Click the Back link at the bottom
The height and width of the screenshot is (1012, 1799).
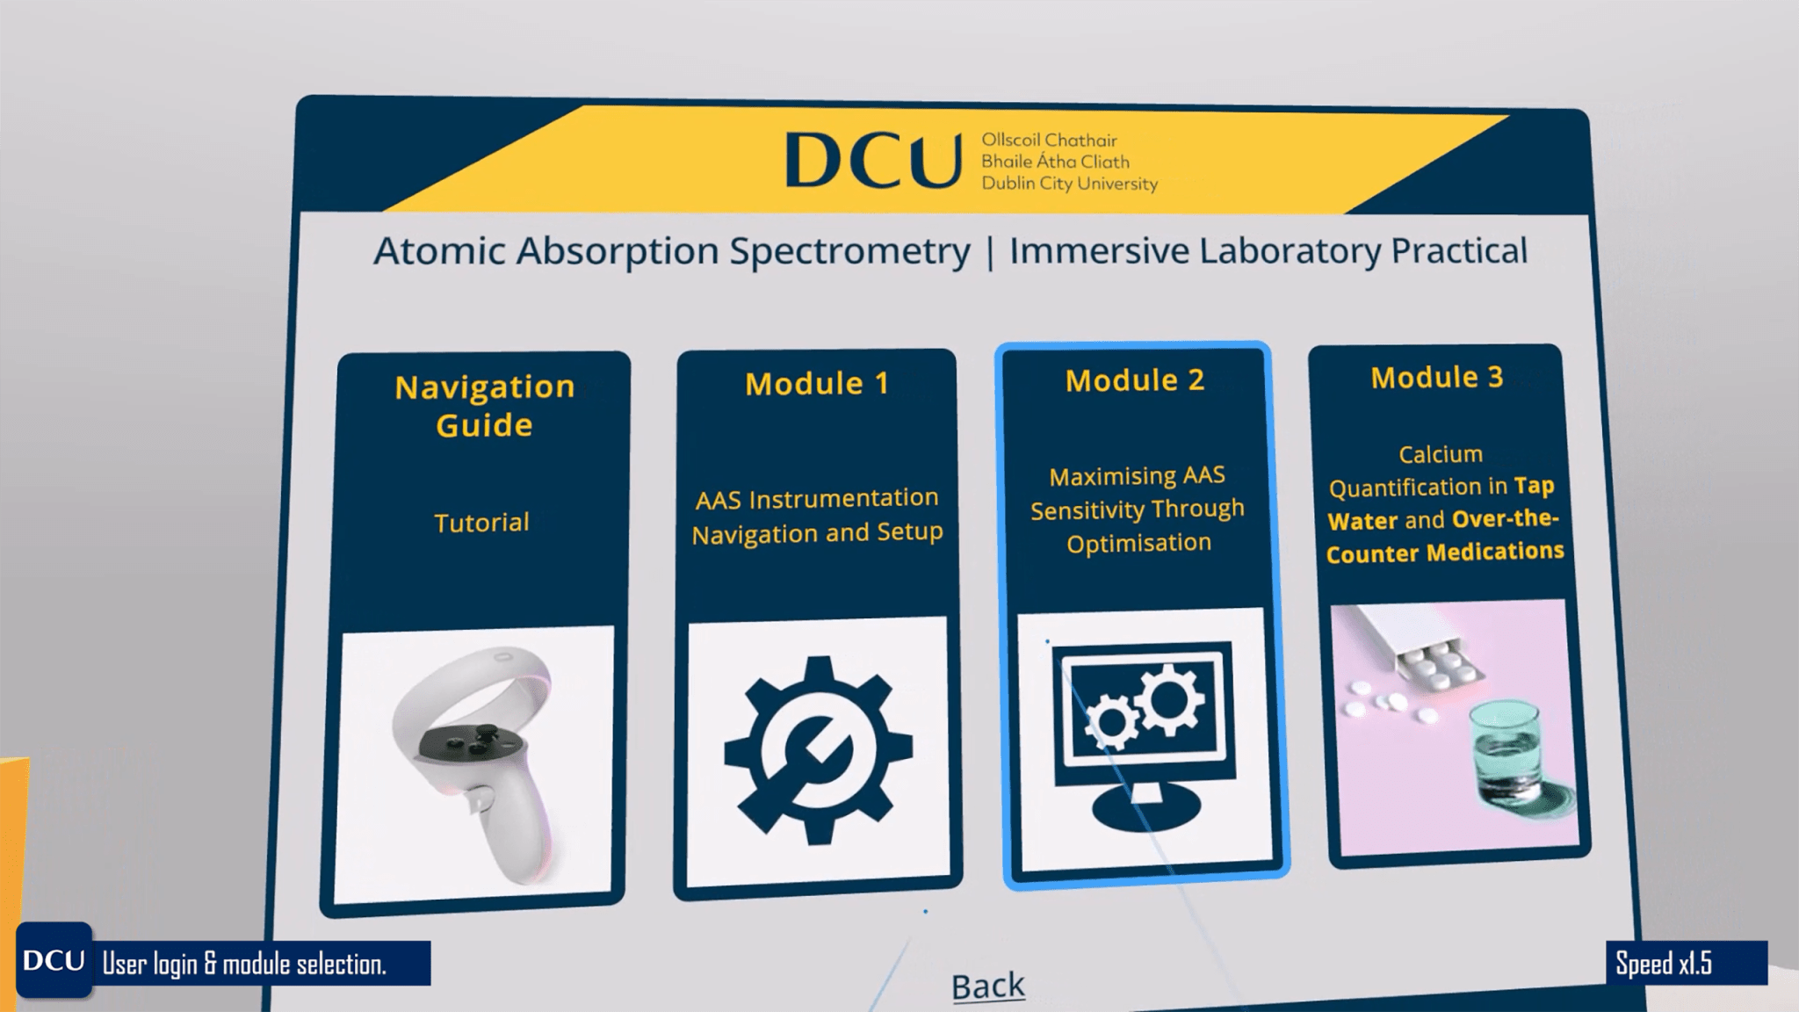coord(988,986)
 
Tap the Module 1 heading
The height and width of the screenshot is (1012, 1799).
coord(817,384)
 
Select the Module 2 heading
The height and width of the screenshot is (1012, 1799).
coord(1135,380)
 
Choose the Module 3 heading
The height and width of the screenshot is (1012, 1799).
coord(1437,378)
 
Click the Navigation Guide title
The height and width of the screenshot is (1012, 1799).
coord(484,406)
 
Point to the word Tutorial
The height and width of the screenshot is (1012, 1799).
coord(481,523)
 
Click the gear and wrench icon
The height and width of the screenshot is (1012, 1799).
coord(819,749)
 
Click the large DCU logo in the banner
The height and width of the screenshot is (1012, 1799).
coord(872,161)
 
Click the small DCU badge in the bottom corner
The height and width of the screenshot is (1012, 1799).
coord(54,960)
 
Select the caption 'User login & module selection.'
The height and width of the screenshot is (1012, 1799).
coord(244,965)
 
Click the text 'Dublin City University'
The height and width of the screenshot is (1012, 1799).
coord(1069,184)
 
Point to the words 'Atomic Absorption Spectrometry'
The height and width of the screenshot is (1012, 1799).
coord(672,251)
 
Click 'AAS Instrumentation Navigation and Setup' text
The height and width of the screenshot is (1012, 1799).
coord(817,516)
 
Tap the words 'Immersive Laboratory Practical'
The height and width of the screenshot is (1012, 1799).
coord(1268,251)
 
